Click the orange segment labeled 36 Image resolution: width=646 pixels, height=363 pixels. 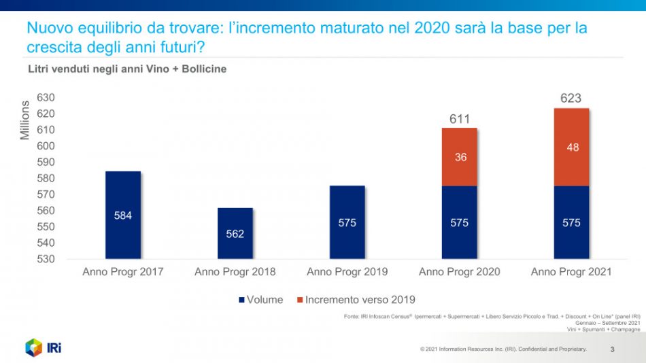tap(459, 157)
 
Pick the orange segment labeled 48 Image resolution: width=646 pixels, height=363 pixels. tap(572, 147)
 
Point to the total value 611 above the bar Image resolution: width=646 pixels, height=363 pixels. tap(460, 120)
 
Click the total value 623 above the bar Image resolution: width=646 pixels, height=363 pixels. tap(571, 99)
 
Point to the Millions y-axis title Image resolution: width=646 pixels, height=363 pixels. tap(25, 120)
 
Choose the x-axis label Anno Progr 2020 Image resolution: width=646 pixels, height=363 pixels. tap(459, 272)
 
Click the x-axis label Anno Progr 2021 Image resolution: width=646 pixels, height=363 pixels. tap(571, 272)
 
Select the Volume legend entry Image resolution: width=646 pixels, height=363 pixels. tap(260, 300)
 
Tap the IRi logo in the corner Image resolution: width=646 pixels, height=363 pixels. tap(44, 347)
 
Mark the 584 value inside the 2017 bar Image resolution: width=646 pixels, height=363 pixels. tap(123, 215)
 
